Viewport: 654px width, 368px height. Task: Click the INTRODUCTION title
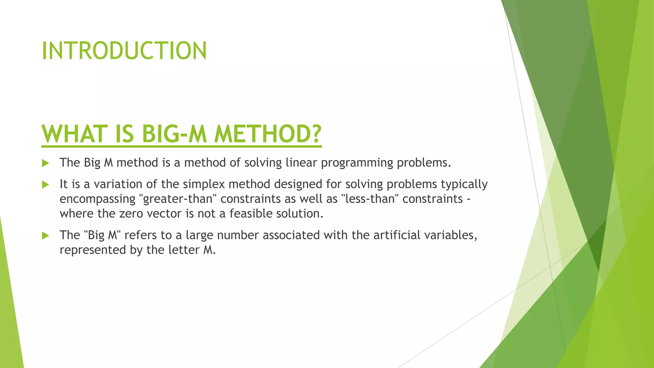click(x=124, y=51)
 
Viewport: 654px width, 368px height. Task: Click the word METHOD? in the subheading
click(x=268, y=134)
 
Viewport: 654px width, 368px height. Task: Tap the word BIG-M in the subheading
click(x=174, y=134)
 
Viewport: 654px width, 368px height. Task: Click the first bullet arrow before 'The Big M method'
click(x=46, y=163)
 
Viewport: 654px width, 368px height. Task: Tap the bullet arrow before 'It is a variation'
click(x=46, y=185)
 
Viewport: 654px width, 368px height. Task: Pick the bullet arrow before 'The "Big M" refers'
click(x=46, y=236)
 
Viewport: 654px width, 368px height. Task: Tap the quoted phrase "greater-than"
click(x=178, y=199)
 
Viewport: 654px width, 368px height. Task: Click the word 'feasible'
click(x=251, y=213)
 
